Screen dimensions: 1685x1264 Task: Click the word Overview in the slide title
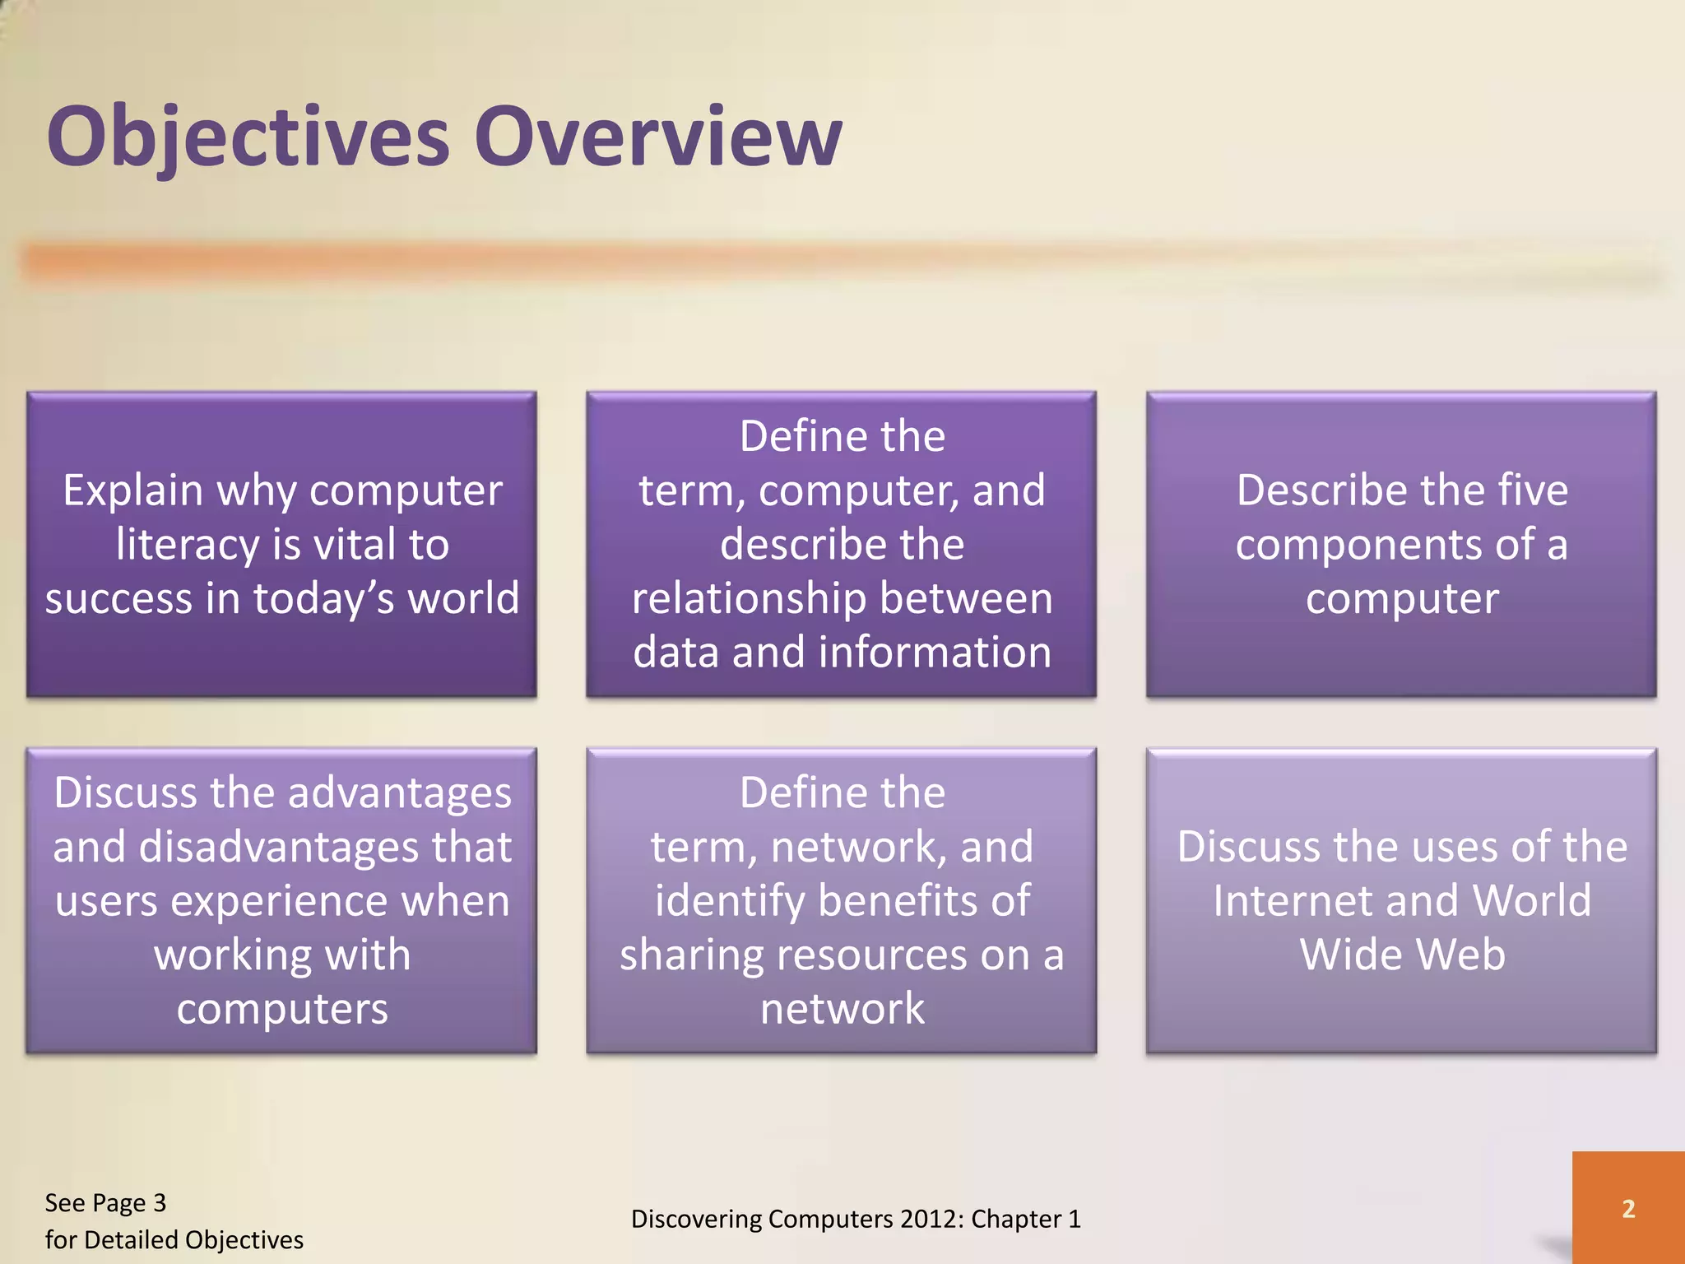click(658, 135)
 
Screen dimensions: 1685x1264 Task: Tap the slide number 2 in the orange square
click(1628, 1209)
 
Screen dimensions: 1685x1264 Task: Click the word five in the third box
click(1527, 490)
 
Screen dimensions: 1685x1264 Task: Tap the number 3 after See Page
click(160, 1203)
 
